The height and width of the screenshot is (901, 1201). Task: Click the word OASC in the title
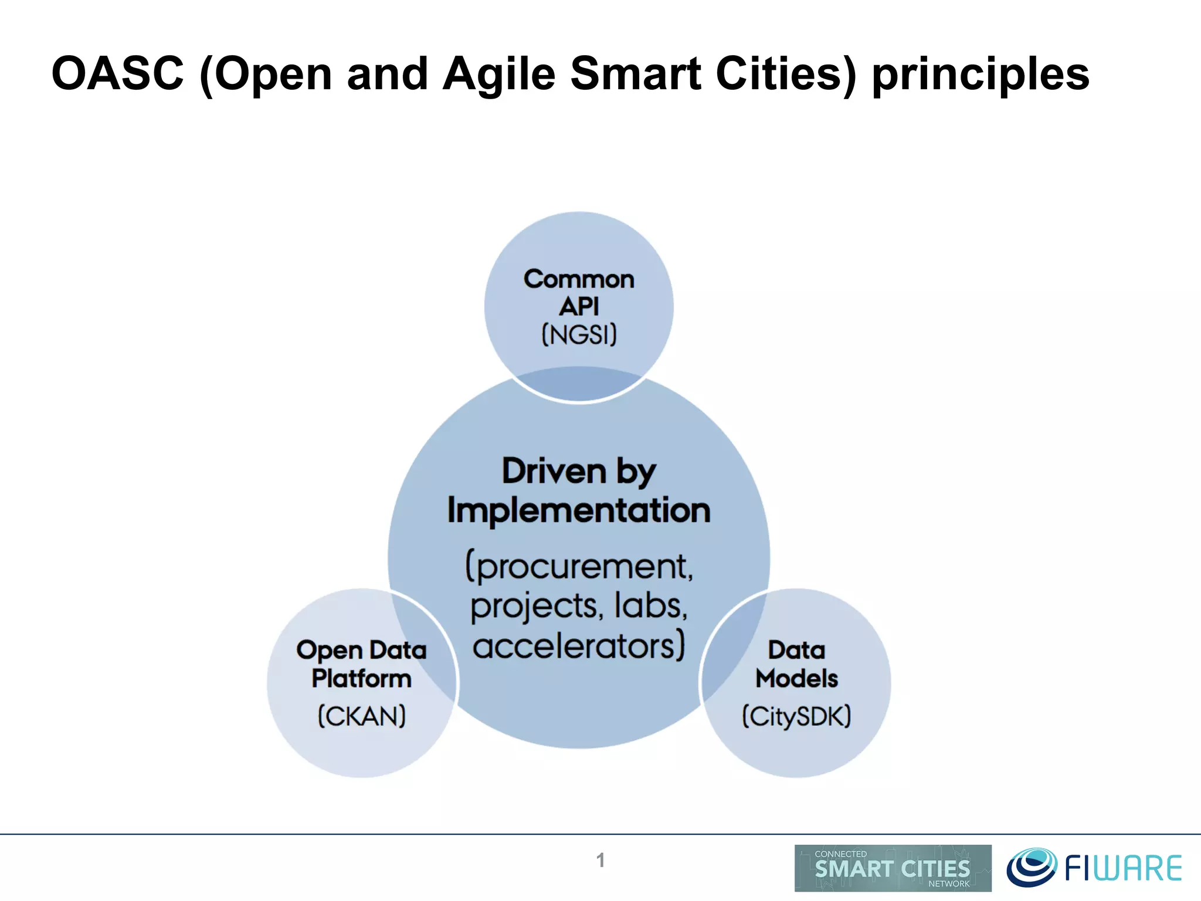coord(117,74)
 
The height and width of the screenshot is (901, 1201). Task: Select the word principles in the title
coord(981,75)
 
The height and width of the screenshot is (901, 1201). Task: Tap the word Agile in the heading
coord(498,75)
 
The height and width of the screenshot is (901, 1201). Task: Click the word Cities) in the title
coord(786,74)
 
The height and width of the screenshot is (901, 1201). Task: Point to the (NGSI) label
coord(579,336)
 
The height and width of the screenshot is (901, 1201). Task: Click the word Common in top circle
coord(579,279)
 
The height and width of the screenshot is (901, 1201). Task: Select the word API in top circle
coord(579,307)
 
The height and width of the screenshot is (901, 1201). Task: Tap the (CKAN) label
coord(362,716)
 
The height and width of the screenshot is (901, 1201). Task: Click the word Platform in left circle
coord(362,679)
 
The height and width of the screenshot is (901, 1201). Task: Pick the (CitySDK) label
coord(796,716)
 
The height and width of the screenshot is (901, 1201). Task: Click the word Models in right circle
coord(796,679)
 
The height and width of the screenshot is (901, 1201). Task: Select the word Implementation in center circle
coord(579,510)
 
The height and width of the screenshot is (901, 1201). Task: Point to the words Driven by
coord(579,471)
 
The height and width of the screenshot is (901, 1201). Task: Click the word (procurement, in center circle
coord(579,567)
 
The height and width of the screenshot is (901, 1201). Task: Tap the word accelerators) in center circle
coord(579,646)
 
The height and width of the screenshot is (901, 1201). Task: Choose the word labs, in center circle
coord(651,605)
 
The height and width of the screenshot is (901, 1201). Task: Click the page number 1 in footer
coord(600,860)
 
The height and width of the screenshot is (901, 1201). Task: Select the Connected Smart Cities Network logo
coord(893,868)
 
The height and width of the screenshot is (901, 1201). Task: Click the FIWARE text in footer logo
coord(1123,869)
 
